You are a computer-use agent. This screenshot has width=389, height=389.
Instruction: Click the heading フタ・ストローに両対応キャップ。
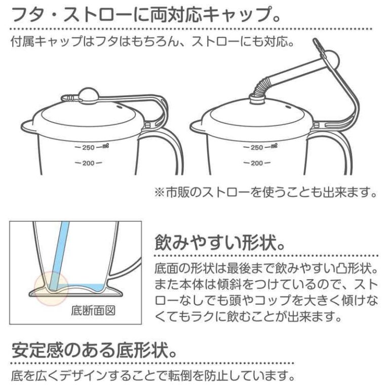point(146,14)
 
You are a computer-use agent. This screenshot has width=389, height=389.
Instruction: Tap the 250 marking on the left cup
point(89,147)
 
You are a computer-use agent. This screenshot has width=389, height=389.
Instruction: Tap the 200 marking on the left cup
point(89,163)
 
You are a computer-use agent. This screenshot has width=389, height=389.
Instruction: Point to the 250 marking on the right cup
point(257,147)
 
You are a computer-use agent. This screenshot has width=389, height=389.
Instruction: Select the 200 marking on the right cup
point(257,163)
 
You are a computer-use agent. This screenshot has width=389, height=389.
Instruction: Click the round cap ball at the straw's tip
point(330,59)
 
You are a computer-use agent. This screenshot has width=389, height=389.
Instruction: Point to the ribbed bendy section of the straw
point(260,87)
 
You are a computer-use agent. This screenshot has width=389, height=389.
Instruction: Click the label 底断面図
point(93,310)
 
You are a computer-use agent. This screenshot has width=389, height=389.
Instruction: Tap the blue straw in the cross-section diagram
point(59,255)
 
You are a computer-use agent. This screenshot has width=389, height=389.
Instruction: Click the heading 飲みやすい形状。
point(220,243)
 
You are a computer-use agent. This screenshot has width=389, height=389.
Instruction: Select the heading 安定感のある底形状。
point(94,350)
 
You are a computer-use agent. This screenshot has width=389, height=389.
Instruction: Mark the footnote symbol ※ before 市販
point(160,192)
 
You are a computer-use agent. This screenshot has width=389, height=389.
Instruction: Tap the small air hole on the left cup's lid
point(119,107)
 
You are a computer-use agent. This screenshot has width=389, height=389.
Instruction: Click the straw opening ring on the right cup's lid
point(257,98)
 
